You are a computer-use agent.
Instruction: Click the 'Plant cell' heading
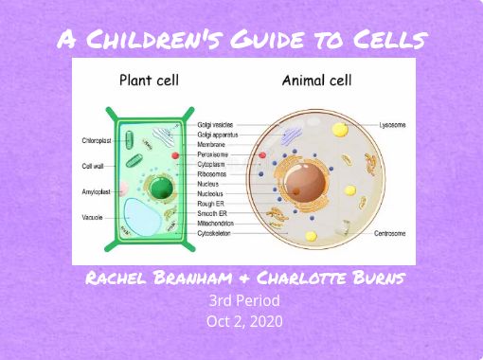pyautogui.click(x=149, y=81)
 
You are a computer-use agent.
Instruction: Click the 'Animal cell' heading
pyautogui.click(x=316, y=81)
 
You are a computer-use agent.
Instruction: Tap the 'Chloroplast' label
pyautogui.click(x=97, y=140)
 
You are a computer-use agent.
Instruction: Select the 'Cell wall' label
pyautogui.click(x=93, y=166)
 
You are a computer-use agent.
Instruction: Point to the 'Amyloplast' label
pyautogui.click(x=96, y=191)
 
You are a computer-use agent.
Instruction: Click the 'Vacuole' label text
pyautogui.click(x=92, y=217)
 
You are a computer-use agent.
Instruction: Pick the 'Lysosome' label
pyautogui.click(x=392, y=125)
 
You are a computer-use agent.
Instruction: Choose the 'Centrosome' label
pyautogui.click(x=390, y=233)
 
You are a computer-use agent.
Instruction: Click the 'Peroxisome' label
pyautogui.click(x=213, y=154)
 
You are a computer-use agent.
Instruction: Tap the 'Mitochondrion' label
pyautogui.click(x=216, y=224)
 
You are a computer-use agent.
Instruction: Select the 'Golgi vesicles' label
pyautogui.click(x=215, y=125)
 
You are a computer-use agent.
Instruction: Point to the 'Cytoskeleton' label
pyautogui.click(x=214, y=233)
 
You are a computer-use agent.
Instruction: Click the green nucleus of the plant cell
pyautogui.click(x=161, y=188)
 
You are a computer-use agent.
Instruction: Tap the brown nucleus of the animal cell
pyautogui.click(x=305, y=182)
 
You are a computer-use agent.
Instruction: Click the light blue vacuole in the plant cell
pyautogui.click(x=142, y=217)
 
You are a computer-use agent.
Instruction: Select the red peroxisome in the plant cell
pyautogui.click(x=175, y=155)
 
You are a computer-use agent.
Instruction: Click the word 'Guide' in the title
pyautogui.click(x=267, y=39)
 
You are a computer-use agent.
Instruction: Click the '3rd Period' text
pyautogui.click(x=244, y=300)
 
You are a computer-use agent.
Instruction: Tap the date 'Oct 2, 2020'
pyautogui.click(x=244, y=321)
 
